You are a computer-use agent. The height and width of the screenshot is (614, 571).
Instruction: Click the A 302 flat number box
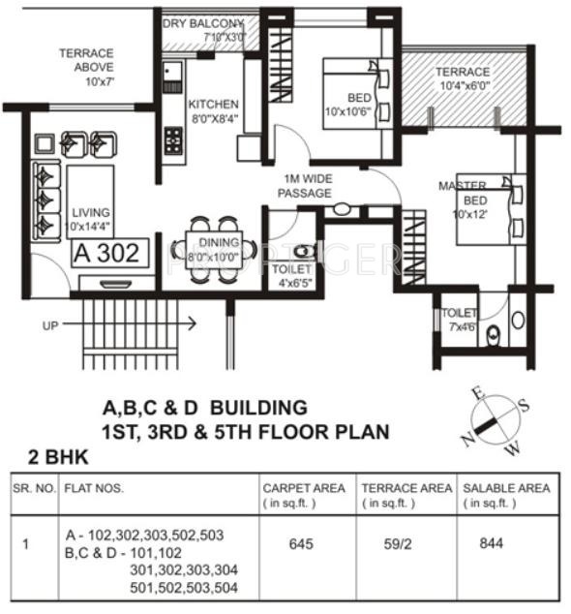[109, 254]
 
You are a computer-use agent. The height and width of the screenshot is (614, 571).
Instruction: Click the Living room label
[88, 219]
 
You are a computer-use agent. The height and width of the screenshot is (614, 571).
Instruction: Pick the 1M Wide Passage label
[305, 186]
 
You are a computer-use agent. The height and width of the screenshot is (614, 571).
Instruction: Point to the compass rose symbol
[494, 419]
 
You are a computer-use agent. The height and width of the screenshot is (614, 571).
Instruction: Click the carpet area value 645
[301, 543]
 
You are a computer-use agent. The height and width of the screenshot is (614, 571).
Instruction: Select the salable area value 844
[492, 543]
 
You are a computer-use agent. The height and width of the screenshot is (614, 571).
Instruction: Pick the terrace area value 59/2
[396, 543]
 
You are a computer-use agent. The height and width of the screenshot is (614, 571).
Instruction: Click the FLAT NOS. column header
[94, 488]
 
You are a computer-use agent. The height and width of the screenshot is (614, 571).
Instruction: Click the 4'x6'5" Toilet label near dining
[291, 276]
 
